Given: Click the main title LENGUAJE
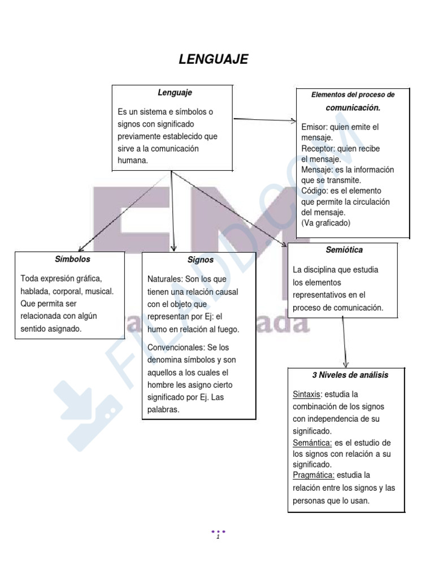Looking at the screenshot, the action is coord(213,59).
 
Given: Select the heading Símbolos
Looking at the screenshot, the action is coord(72,259).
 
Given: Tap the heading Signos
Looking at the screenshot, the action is coord(201,260).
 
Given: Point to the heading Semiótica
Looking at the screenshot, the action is coord(344,250).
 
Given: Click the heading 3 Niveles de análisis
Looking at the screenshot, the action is coord(350,375).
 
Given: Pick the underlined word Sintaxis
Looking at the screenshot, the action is coord(306,394).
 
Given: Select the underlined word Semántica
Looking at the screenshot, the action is coord(312,443).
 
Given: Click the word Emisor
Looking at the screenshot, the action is coord(314,127).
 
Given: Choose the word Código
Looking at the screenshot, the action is coord(314,191).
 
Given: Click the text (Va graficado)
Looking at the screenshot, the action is coord(325,223).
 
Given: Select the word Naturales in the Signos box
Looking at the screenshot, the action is coord(164,279).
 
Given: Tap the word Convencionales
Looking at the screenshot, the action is coord(176,348).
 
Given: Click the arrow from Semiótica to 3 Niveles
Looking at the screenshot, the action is coord(344,342).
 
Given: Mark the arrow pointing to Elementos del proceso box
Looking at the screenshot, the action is coord(265,120).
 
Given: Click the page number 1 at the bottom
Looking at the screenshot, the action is coord(218,537).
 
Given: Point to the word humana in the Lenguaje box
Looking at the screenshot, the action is coord(132,161).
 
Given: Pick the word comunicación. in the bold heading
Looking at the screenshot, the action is coord(353,108).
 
